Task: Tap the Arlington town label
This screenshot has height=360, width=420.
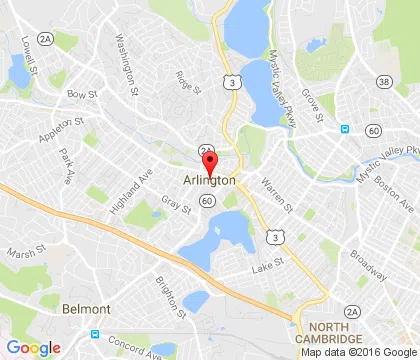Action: pyautogui.click(x=210, y=181)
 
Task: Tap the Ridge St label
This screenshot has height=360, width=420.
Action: pyautogui.click(x=183, y=77)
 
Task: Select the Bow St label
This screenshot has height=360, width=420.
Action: pyautogui.click(x=78, y=94)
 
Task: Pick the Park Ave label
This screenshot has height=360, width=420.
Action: pyautogui.click(x=67, y=163)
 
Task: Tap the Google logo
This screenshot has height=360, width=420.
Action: pyautogui.click(x=33, y=347)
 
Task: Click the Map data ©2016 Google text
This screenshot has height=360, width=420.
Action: pyautogui.click(x=358, y=352)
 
